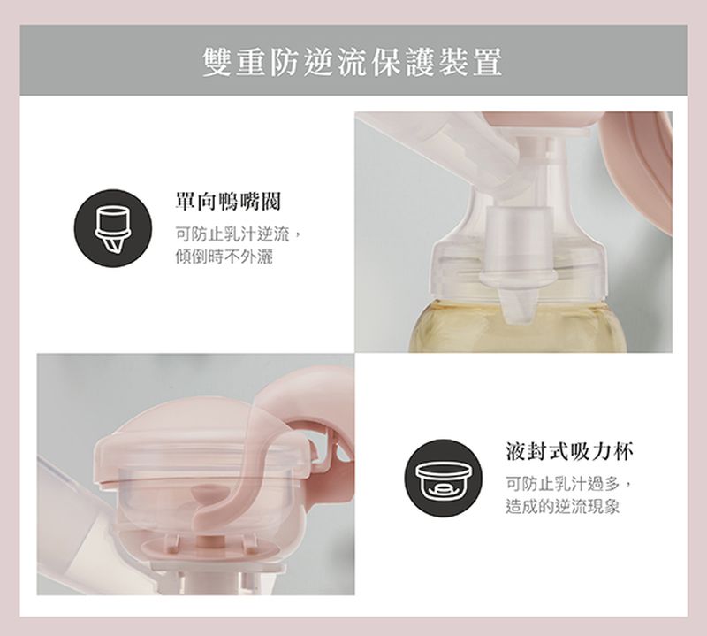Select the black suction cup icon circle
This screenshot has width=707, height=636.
click(441, 479)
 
